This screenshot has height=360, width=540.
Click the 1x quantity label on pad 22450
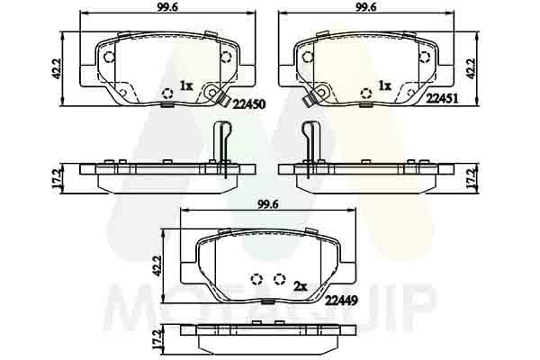click(186, 85)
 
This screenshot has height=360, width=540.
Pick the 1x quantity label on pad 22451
click(384, 85)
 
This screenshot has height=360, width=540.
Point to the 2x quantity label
click(301, 284)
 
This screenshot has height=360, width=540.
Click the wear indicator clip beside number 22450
click(214, 93)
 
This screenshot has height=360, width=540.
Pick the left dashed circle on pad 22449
click(256, 279)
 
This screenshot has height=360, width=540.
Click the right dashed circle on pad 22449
click(279, 279)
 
